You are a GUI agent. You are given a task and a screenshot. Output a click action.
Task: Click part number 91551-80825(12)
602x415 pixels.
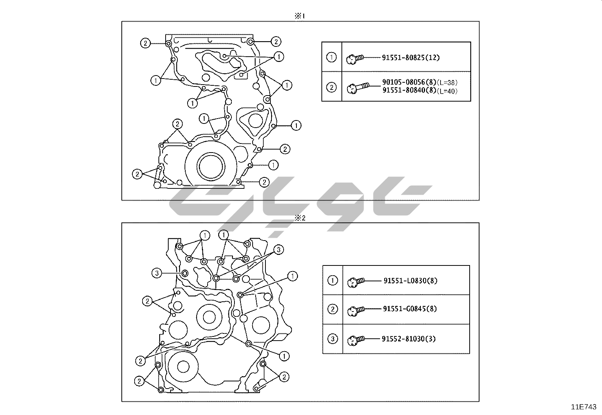[x=411, y=57]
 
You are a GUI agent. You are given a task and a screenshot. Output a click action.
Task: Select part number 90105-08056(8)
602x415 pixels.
[x=409, y=82]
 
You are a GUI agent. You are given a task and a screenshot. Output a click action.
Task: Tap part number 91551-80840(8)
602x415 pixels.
[x=409, y=90]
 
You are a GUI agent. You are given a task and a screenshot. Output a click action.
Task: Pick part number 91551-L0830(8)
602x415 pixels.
[x=410, y=281]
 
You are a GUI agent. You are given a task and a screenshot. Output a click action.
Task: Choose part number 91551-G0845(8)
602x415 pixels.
[x=410, y=309]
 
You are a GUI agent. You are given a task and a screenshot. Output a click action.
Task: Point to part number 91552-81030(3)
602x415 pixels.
[x=409, y=339]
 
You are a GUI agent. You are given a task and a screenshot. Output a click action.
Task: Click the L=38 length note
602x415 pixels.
[x=447, y=83]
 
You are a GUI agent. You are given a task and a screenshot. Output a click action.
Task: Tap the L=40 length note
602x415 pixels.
[x=447, y=91]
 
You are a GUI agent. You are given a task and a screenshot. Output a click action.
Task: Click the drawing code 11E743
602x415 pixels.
[x=584, y=407]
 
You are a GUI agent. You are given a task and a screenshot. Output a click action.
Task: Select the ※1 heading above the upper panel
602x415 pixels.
[x=300, y=16]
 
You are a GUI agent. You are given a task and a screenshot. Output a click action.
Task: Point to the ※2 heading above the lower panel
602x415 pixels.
[x=300, y=218]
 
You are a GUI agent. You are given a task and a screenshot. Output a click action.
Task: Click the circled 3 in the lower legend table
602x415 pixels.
[x=333, y=339]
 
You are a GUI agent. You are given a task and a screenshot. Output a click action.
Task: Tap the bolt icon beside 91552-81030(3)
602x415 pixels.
[x=356, y=340]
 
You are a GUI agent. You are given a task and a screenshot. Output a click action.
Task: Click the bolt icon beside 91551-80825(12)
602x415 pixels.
[x=355, y=59]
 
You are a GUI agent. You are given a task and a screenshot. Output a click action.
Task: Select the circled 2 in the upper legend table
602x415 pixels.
[x=331, y=87]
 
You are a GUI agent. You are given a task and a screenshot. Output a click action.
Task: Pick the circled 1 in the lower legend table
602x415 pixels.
[x=333, y=281]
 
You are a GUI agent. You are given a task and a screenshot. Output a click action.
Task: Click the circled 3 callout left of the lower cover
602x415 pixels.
[x=157, y=273]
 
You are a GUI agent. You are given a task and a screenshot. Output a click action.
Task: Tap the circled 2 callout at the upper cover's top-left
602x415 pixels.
[x=145, y=43]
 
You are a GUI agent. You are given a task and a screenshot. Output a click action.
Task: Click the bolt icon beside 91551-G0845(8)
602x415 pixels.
[x=356, y=310]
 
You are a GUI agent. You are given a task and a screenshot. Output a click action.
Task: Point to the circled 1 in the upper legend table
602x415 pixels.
[x=331, y=57]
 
